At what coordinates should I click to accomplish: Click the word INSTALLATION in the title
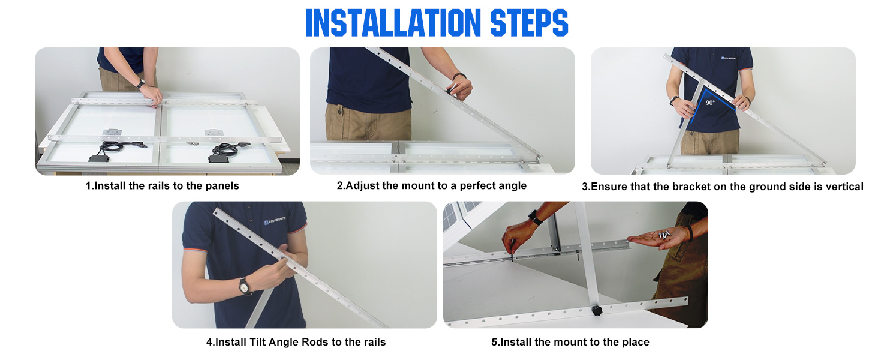pyautogui.click(x=393, y=23)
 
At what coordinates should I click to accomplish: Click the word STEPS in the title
pyautogui.click(x=529, y=23)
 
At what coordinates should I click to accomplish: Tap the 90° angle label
pyautogui.click(x=710, y=103)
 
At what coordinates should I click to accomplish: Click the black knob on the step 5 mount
pyautogui.click(x=597, y=311)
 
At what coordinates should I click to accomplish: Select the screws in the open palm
pyautogui.click(x=664, y=235)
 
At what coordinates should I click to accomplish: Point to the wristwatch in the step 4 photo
pyautogui.click(x=244, y=286)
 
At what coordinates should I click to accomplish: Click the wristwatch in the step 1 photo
pyautogui.click(x=141, y=83)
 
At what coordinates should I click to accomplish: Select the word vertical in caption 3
pyautogui.click(x=844, y=187)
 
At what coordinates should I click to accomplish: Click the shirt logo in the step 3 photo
pyautogui.click(x=728, y=58)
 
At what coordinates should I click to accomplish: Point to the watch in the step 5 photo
pyautogui.click(x=535, y=217)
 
